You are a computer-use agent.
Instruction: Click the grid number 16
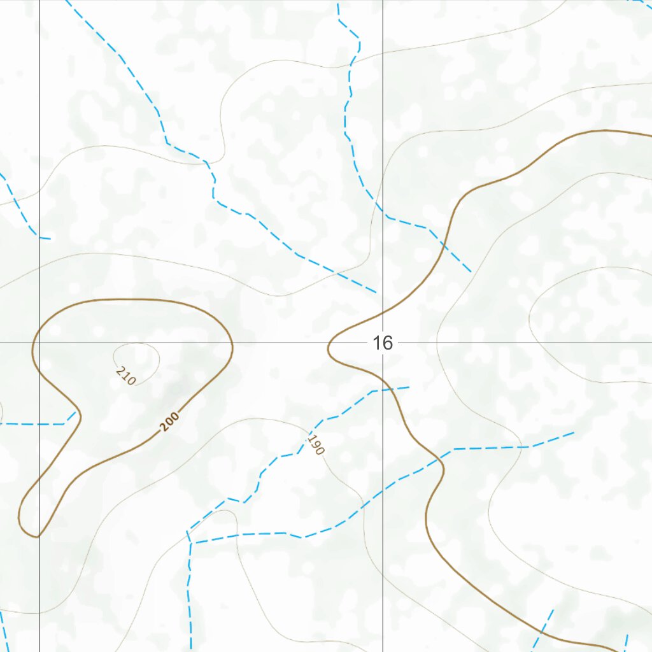pyautogui.click(x=382, y=343)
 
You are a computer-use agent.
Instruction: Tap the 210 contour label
pyautogui.click(x=126, y=375)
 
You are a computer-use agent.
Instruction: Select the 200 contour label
pyautogui.click(x=170, y=422)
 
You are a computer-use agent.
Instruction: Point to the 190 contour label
pyautogui.click(x=316, y=444)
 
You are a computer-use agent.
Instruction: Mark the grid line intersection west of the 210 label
pyautogui.click(x=39, y=343)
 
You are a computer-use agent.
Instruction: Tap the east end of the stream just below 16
pyautogui.click(x=408, y=386)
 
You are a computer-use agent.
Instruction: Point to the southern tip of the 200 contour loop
pyautogui.click(x=37, y=536)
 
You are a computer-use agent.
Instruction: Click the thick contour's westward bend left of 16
pyautogui.click(x=329, y=348)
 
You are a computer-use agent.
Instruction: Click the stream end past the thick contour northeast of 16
pyautogui.click(x=471, y=272)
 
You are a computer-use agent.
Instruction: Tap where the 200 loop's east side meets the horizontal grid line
pyautogui.click(x=232, y=343)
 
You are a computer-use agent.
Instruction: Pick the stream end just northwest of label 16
pyautogui.click(x=376, y=292)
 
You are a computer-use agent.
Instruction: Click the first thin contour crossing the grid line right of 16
pyautogui.click(x=437, y=343)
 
